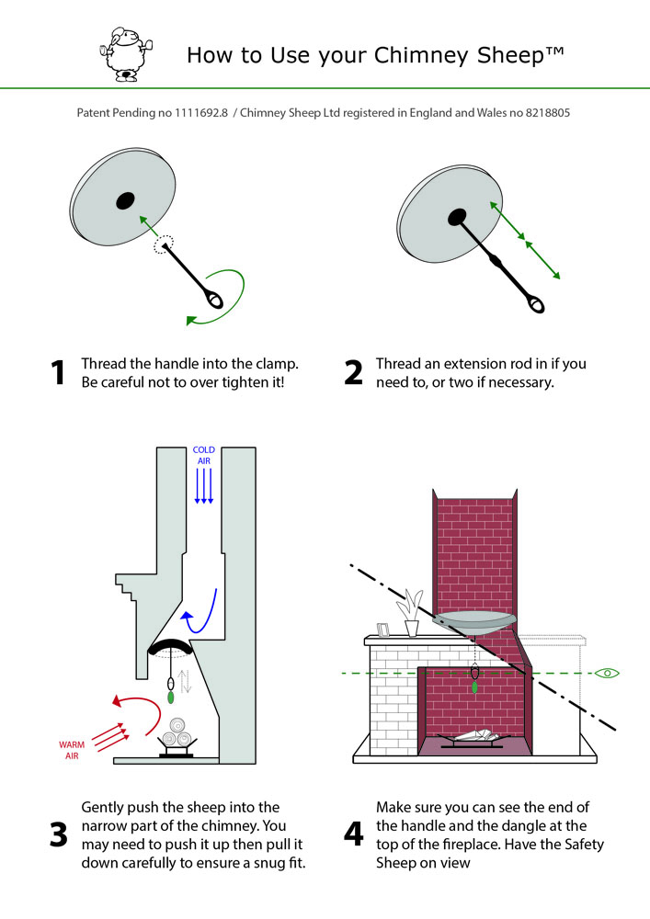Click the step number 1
[58, 372]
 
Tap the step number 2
[354, 372]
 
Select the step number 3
[58, 834]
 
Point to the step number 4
[354, 834]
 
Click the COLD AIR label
[204, 456]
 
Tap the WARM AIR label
[72, 750]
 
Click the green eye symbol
[608, 674]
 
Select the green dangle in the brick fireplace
[474, 686]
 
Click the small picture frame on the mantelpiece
[384, 630]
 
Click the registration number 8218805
[548, 114]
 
